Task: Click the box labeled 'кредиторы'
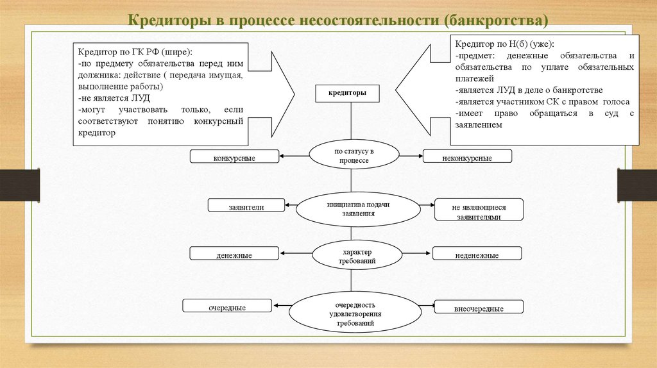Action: pos(348,93)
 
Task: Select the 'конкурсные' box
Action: pos(234,156)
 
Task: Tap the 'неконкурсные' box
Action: pos(466,156)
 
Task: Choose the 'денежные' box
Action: pos(234,254)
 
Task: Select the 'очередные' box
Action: pos(227,306)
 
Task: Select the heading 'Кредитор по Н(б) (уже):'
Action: pos(505,44)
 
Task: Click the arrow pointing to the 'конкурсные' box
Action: pos(294,155)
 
